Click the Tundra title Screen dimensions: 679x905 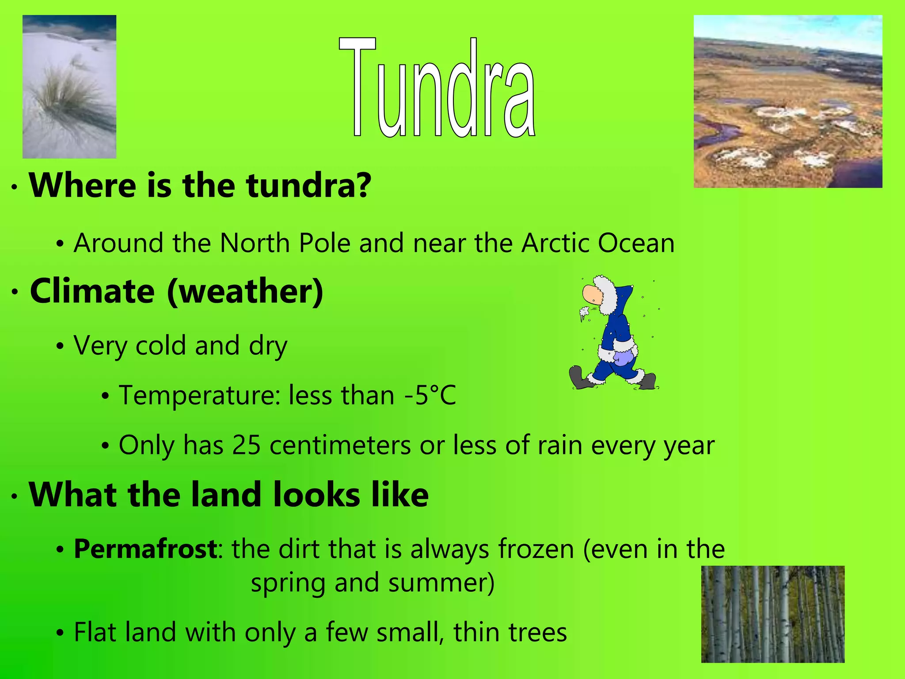tap(437, 88)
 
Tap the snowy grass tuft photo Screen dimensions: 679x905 tap(69, 87)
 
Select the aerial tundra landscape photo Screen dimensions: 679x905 tap(788, 102)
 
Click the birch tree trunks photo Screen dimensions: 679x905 tap(773, 614)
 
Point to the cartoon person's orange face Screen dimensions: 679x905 tap(591, 294)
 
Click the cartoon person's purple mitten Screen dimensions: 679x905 tap(623, 357)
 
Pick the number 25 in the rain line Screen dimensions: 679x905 tap(246, 445)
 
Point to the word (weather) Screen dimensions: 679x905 tap(245, 292)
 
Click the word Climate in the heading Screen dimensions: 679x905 tap(92, 292)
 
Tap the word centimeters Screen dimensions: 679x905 tap(340, 445)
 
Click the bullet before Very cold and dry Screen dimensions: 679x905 tap(60, 346)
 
